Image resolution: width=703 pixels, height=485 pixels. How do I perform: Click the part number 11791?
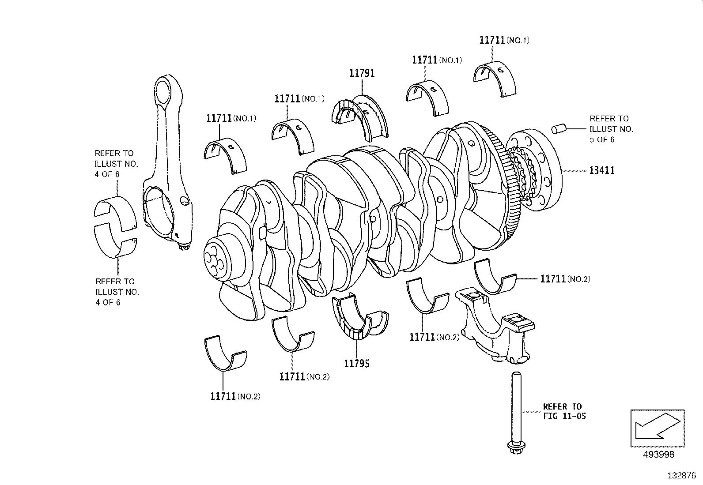pos(362,73)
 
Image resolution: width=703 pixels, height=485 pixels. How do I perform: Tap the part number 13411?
pos(601,170)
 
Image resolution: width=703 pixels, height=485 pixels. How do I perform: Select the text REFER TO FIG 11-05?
pos(564,411)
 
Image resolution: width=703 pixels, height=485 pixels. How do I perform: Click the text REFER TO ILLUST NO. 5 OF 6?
pos(611,129)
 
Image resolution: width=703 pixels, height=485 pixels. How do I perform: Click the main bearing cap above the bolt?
pos(497,327)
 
